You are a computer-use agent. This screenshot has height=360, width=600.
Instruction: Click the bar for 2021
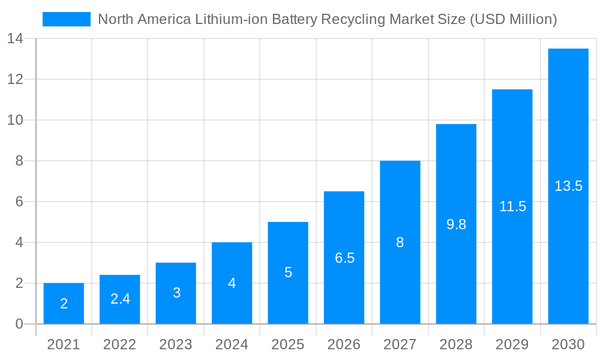(x=64, y=304)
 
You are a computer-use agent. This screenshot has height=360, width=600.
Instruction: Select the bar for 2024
(x=232, y=283)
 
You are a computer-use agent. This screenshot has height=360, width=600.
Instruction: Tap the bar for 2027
(x=400, y=242)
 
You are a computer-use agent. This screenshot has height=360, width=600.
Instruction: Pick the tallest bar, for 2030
(x=568, y=186)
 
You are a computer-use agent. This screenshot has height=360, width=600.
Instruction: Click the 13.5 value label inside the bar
(x=568, y=186)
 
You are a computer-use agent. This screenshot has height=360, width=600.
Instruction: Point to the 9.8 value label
(x=456, y=224)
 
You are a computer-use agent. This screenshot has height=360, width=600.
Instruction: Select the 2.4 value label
(x=120, y=299)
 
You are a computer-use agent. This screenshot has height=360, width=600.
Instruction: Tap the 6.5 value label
(x=344, y=258)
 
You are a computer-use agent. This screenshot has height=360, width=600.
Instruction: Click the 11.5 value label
(x=512, y=206)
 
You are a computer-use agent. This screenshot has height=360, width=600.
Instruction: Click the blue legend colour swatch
(x=67, y=19)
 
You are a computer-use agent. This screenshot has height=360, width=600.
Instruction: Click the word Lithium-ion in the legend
(x=233, y=19)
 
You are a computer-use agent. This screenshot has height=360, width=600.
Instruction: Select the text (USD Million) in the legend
(x=514, y=19)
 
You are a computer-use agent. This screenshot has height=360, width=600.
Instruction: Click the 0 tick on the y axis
(x=19, y=324)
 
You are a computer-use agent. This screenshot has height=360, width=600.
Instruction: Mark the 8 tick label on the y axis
(x=19, y=161)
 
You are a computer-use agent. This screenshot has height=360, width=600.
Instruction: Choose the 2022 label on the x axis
(x=120, y=344)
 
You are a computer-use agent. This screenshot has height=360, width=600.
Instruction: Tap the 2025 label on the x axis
(x=288, y=344)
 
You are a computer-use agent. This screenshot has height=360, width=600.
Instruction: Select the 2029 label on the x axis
(x=512, y=344)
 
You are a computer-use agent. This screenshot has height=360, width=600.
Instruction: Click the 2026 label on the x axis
(x=344, y=344)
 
